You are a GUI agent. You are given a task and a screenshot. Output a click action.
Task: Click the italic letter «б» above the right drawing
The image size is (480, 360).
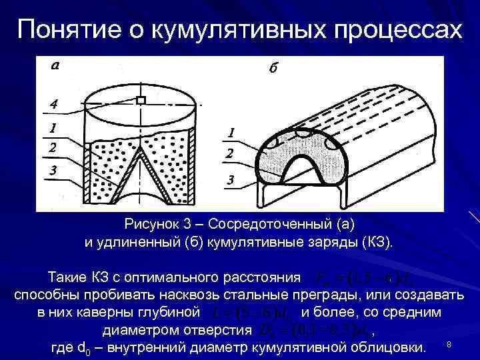point(275,70)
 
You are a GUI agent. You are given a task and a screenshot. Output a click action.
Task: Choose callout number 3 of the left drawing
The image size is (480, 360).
point(53,172)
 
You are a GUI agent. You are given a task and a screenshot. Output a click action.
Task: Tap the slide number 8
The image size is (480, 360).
point(449,344)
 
